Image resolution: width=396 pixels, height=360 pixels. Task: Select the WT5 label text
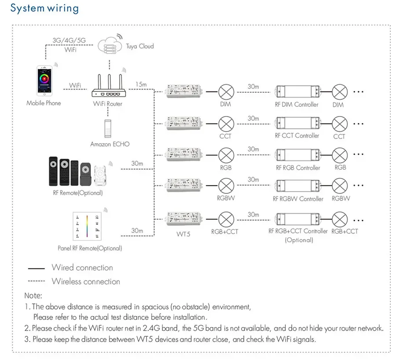[183, 234]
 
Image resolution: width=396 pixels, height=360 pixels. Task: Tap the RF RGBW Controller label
[298, 199]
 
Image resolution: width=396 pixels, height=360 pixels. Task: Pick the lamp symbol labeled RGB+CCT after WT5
[226, 218]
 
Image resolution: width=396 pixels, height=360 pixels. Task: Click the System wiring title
[44, 8]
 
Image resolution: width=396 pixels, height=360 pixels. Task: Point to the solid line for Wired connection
[37, 268]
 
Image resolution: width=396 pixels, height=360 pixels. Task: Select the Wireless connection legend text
[86, 281]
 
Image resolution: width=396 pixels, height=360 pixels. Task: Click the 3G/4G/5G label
[69, 40]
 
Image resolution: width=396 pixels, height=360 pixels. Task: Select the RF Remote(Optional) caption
[77, 193]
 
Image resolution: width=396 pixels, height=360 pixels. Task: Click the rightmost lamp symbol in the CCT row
[339, 123]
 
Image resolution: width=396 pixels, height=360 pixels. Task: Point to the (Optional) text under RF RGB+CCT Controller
[299, 240]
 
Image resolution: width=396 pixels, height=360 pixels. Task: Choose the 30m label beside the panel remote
[137, 231]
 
